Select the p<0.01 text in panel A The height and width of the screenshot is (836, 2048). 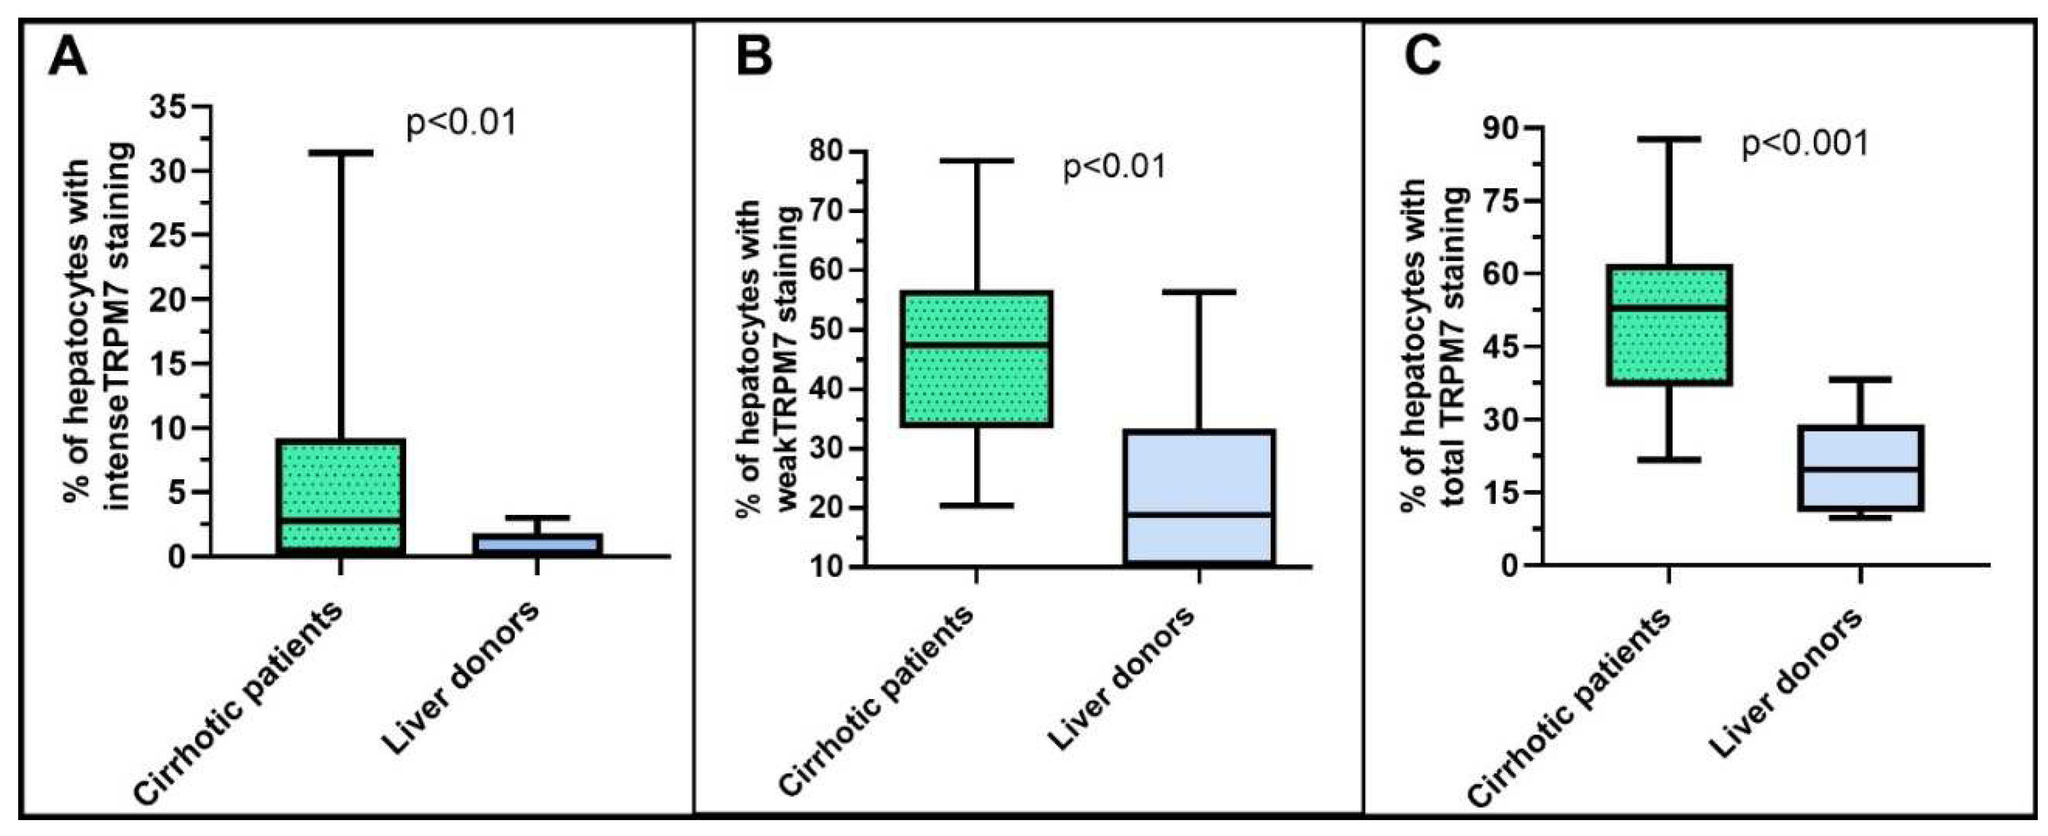point(462,123)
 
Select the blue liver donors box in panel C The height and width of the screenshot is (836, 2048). point(1861,468)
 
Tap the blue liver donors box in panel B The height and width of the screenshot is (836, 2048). point(1199,497)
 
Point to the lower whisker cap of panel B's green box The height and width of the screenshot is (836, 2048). point(977,505)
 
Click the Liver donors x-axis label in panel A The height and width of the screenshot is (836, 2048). point(461,680)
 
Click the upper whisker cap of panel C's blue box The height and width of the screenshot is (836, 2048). point(1861,380)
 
